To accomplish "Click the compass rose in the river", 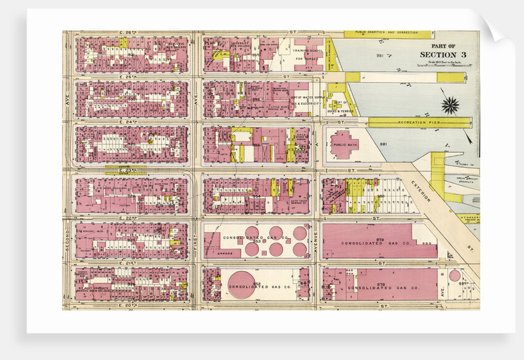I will click(451, 105).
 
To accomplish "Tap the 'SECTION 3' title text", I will click(443, 55).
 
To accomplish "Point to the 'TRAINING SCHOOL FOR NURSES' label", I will click(306, 54).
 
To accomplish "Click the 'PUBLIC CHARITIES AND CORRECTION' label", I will click(389, 33).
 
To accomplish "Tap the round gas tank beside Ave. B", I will click(454, 276).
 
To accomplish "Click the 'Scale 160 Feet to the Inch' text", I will click(443, 63).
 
